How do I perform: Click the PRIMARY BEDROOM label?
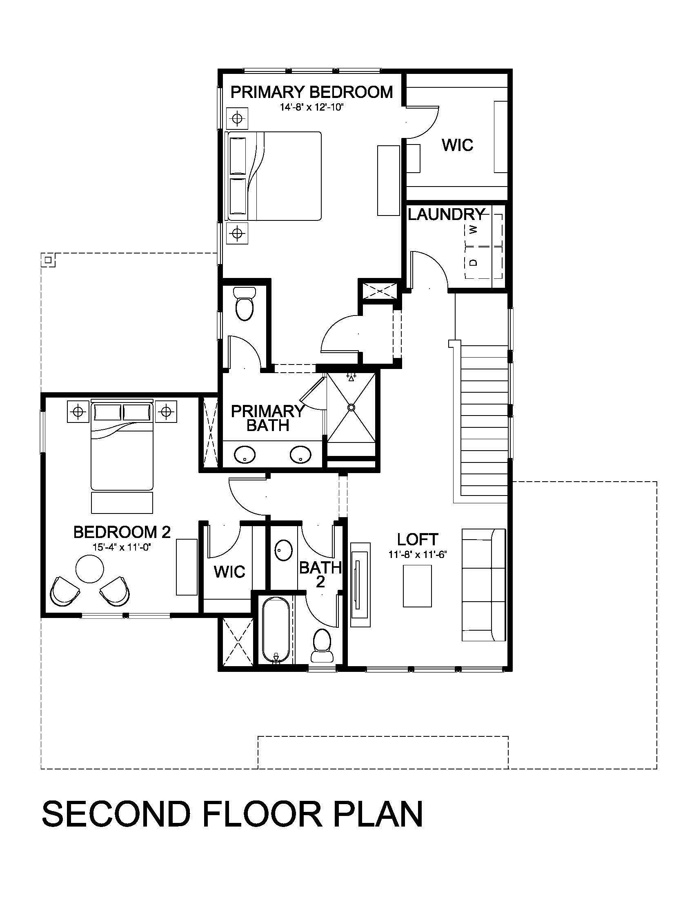coord(311,92)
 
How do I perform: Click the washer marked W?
coord(483,229)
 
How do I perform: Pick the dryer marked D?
coord(483,262)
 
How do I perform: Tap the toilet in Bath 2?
coord(322,645)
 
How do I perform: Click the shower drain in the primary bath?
coord(351,407)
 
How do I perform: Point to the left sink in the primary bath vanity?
coord(245,454)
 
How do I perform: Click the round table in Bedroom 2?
coord(90,569)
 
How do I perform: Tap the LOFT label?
coord(418,540)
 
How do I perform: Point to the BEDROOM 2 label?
coord(122,532)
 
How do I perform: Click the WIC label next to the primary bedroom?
coord(458,145)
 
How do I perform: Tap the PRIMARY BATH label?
coord(267,418)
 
